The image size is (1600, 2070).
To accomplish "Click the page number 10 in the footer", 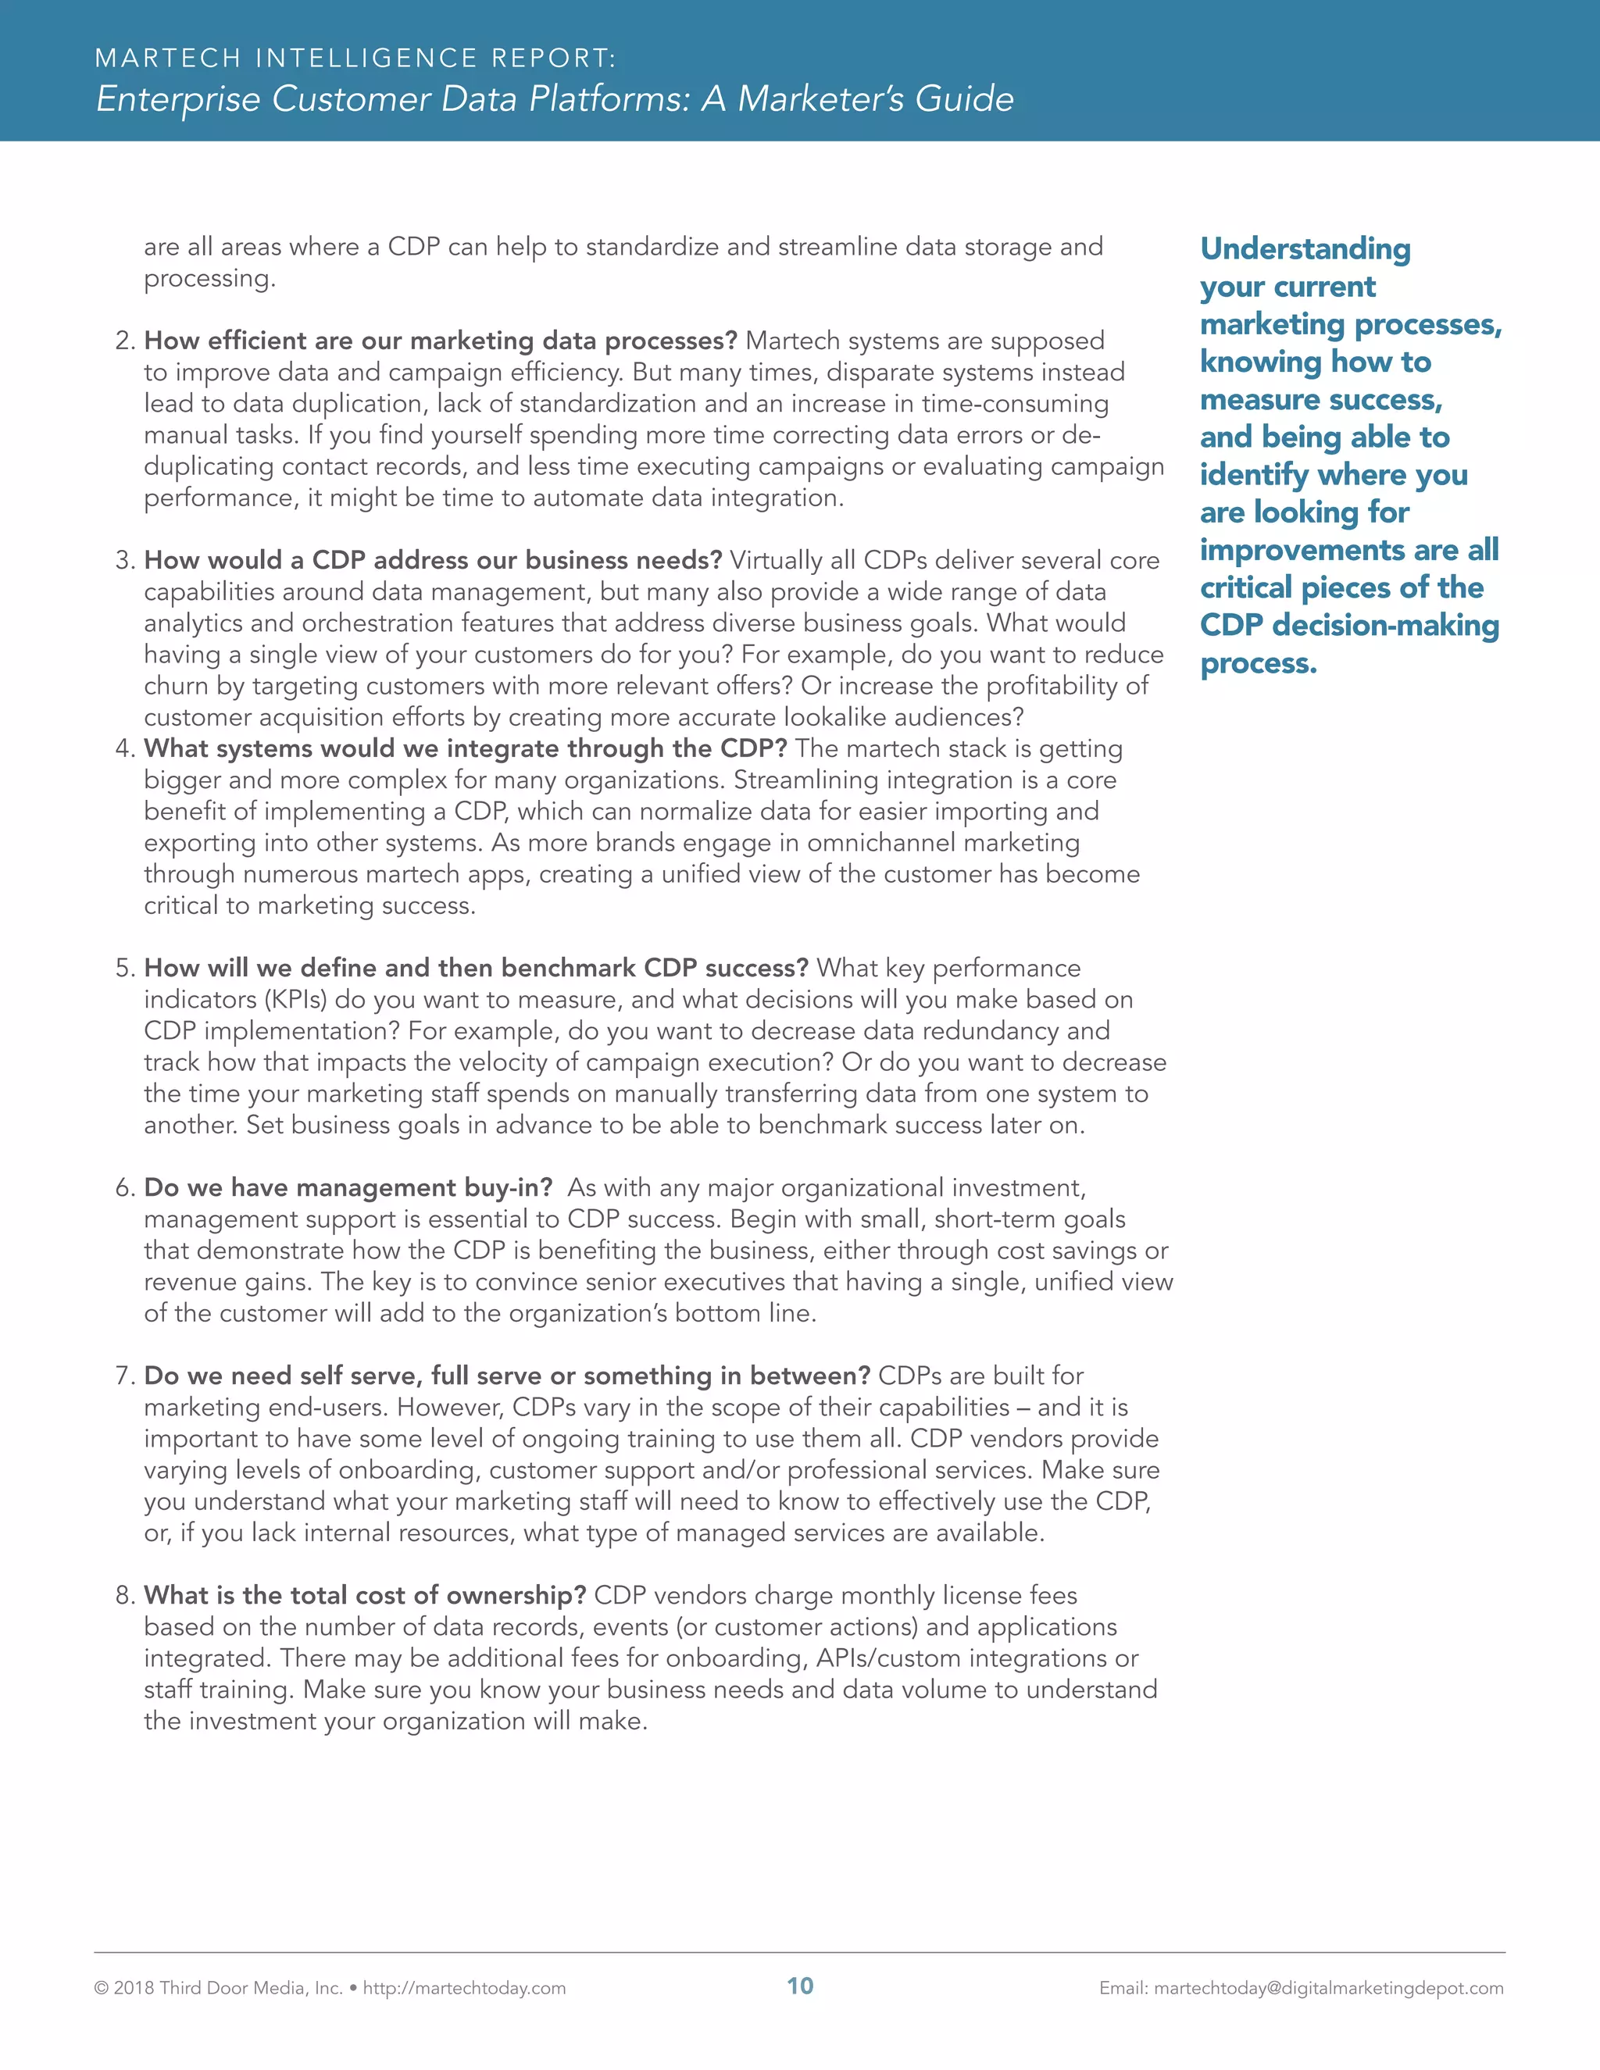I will click(x=800, y=1986).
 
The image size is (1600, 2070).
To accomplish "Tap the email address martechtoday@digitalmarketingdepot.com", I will click(x=1328, y=1987).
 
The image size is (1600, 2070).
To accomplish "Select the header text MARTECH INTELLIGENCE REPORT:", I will click(x=355, y=59).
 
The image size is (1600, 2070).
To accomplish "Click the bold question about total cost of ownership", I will click(x=365, y=1595).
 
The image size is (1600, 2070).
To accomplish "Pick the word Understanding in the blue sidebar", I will click(x=1305, y=248).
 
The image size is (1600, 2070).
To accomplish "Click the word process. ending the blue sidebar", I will click(x=1258, y=663).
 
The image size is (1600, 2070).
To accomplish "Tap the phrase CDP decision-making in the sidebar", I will click(x=1348, y=626).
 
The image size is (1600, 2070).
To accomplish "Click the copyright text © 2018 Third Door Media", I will click(x=218, y=1987).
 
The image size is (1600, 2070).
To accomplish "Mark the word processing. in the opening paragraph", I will click(x=209, y=279).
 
